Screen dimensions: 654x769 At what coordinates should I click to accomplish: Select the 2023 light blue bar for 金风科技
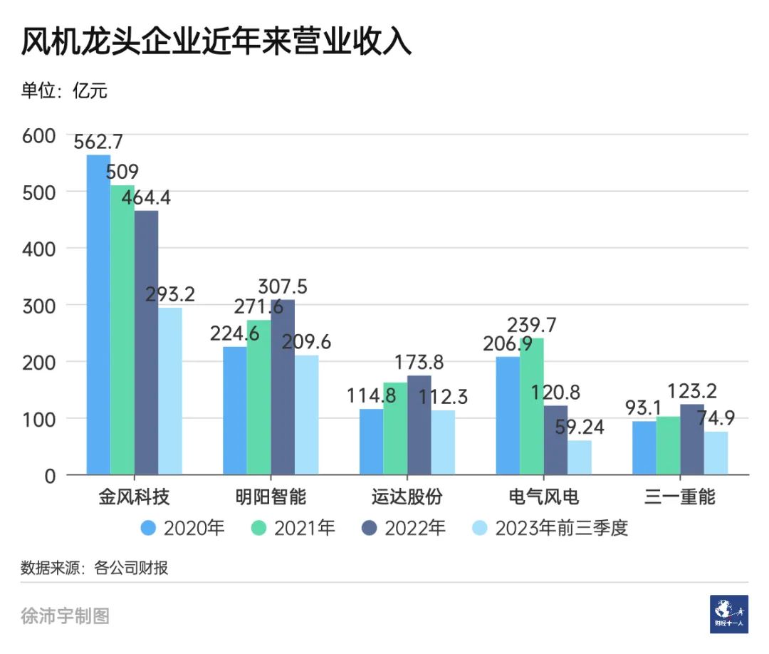(170, 391)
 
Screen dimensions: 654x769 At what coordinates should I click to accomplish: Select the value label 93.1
(644, 408)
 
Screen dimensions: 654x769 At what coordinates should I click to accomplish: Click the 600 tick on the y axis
(40, 135)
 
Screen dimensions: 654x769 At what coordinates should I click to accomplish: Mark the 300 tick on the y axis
(40, 306)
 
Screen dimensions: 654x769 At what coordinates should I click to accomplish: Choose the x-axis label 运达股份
(407, 497)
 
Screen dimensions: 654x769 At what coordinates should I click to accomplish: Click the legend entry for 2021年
(293, 528)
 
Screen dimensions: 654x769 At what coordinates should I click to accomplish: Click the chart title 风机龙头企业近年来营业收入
(216, 42)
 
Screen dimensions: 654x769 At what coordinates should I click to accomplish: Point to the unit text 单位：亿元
(65, 90)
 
